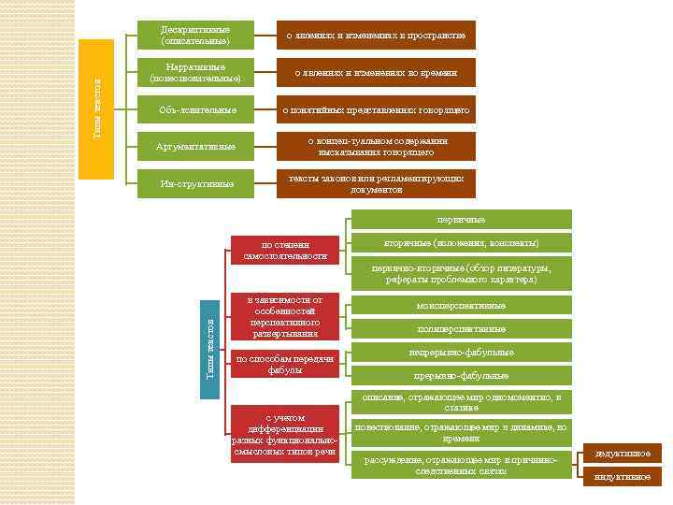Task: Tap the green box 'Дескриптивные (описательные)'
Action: pos(195,36)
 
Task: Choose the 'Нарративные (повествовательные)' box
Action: pos(195,73)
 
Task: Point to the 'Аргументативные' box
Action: pos(195,147)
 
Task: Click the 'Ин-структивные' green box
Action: pos(195,183)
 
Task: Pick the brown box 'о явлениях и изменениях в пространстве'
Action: pos(376,36)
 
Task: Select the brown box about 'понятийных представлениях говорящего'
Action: pos(376,110)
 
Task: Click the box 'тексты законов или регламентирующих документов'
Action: pos(376,183)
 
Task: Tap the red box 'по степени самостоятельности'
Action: pos(285,250)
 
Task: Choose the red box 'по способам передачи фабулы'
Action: pos(285,364)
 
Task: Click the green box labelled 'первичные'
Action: pos(461,219)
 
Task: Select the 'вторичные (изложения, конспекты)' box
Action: pos(461,243)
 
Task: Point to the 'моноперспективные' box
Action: pos(461,306)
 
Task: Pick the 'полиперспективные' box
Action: pos(461,329)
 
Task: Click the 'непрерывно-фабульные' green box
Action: pos(461,353)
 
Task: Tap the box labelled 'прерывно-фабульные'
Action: pos(461,376)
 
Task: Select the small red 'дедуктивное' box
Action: pos(623,454)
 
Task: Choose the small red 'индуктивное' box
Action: pos(623,477)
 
